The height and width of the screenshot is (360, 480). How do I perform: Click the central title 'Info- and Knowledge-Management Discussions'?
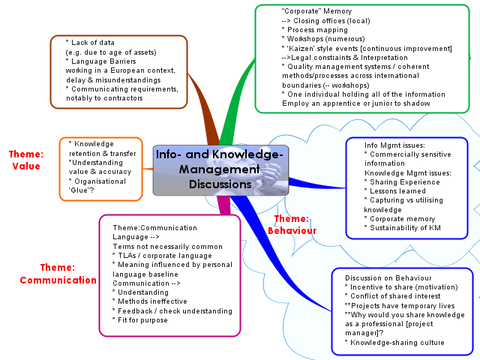click(220, 169)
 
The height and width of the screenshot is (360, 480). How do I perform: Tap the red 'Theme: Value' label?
click(26, 160)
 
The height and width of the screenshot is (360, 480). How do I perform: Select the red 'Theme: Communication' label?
click(58, 274)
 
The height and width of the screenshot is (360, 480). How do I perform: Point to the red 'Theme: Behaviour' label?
click(292, 225)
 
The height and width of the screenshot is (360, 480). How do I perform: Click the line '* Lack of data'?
click(90, 43)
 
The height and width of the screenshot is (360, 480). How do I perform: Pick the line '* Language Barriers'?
click(100, 61)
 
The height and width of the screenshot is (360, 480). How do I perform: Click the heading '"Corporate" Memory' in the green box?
click(316, 11)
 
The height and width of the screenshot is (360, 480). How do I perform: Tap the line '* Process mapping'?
click(315, 30)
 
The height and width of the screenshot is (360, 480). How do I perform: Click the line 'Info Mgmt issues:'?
click(394, 145)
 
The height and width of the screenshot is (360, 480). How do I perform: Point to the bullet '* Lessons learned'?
click(395, 191)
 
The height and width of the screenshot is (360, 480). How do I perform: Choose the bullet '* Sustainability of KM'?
click(402, 228)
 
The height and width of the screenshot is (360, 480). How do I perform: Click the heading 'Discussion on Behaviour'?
click(388, 278)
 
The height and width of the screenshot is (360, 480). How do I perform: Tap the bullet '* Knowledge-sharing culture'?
click(394, 343)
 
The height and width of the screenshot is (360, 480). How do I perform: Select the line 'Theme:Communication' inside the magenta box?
click(155, 228)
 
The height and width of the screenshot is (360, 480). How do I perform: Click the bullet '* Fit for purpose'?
click(140, 320)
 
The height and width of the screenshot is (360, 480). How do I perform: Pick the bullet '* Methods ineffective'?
click(150, 301)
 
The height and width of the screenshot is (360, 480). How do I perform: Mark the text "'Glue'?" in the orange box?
click(82, 190)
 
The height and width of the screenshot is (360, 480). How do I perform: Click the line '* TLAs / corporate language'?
click(162, 256)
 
